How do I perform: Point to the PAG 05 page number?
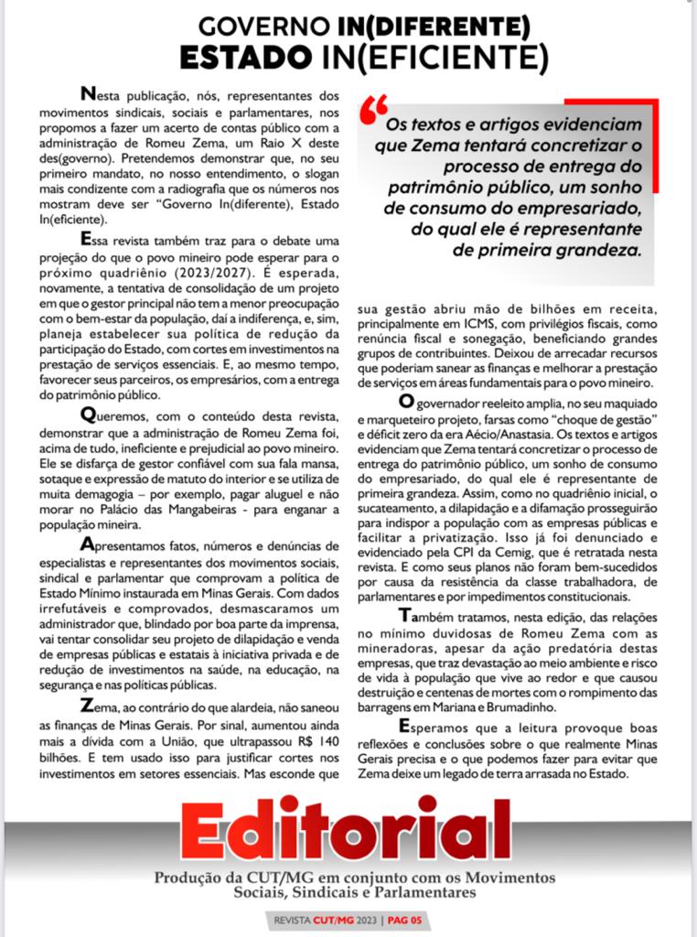coord(404,920)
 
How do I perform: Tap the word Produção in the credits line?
coord(187,877)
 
